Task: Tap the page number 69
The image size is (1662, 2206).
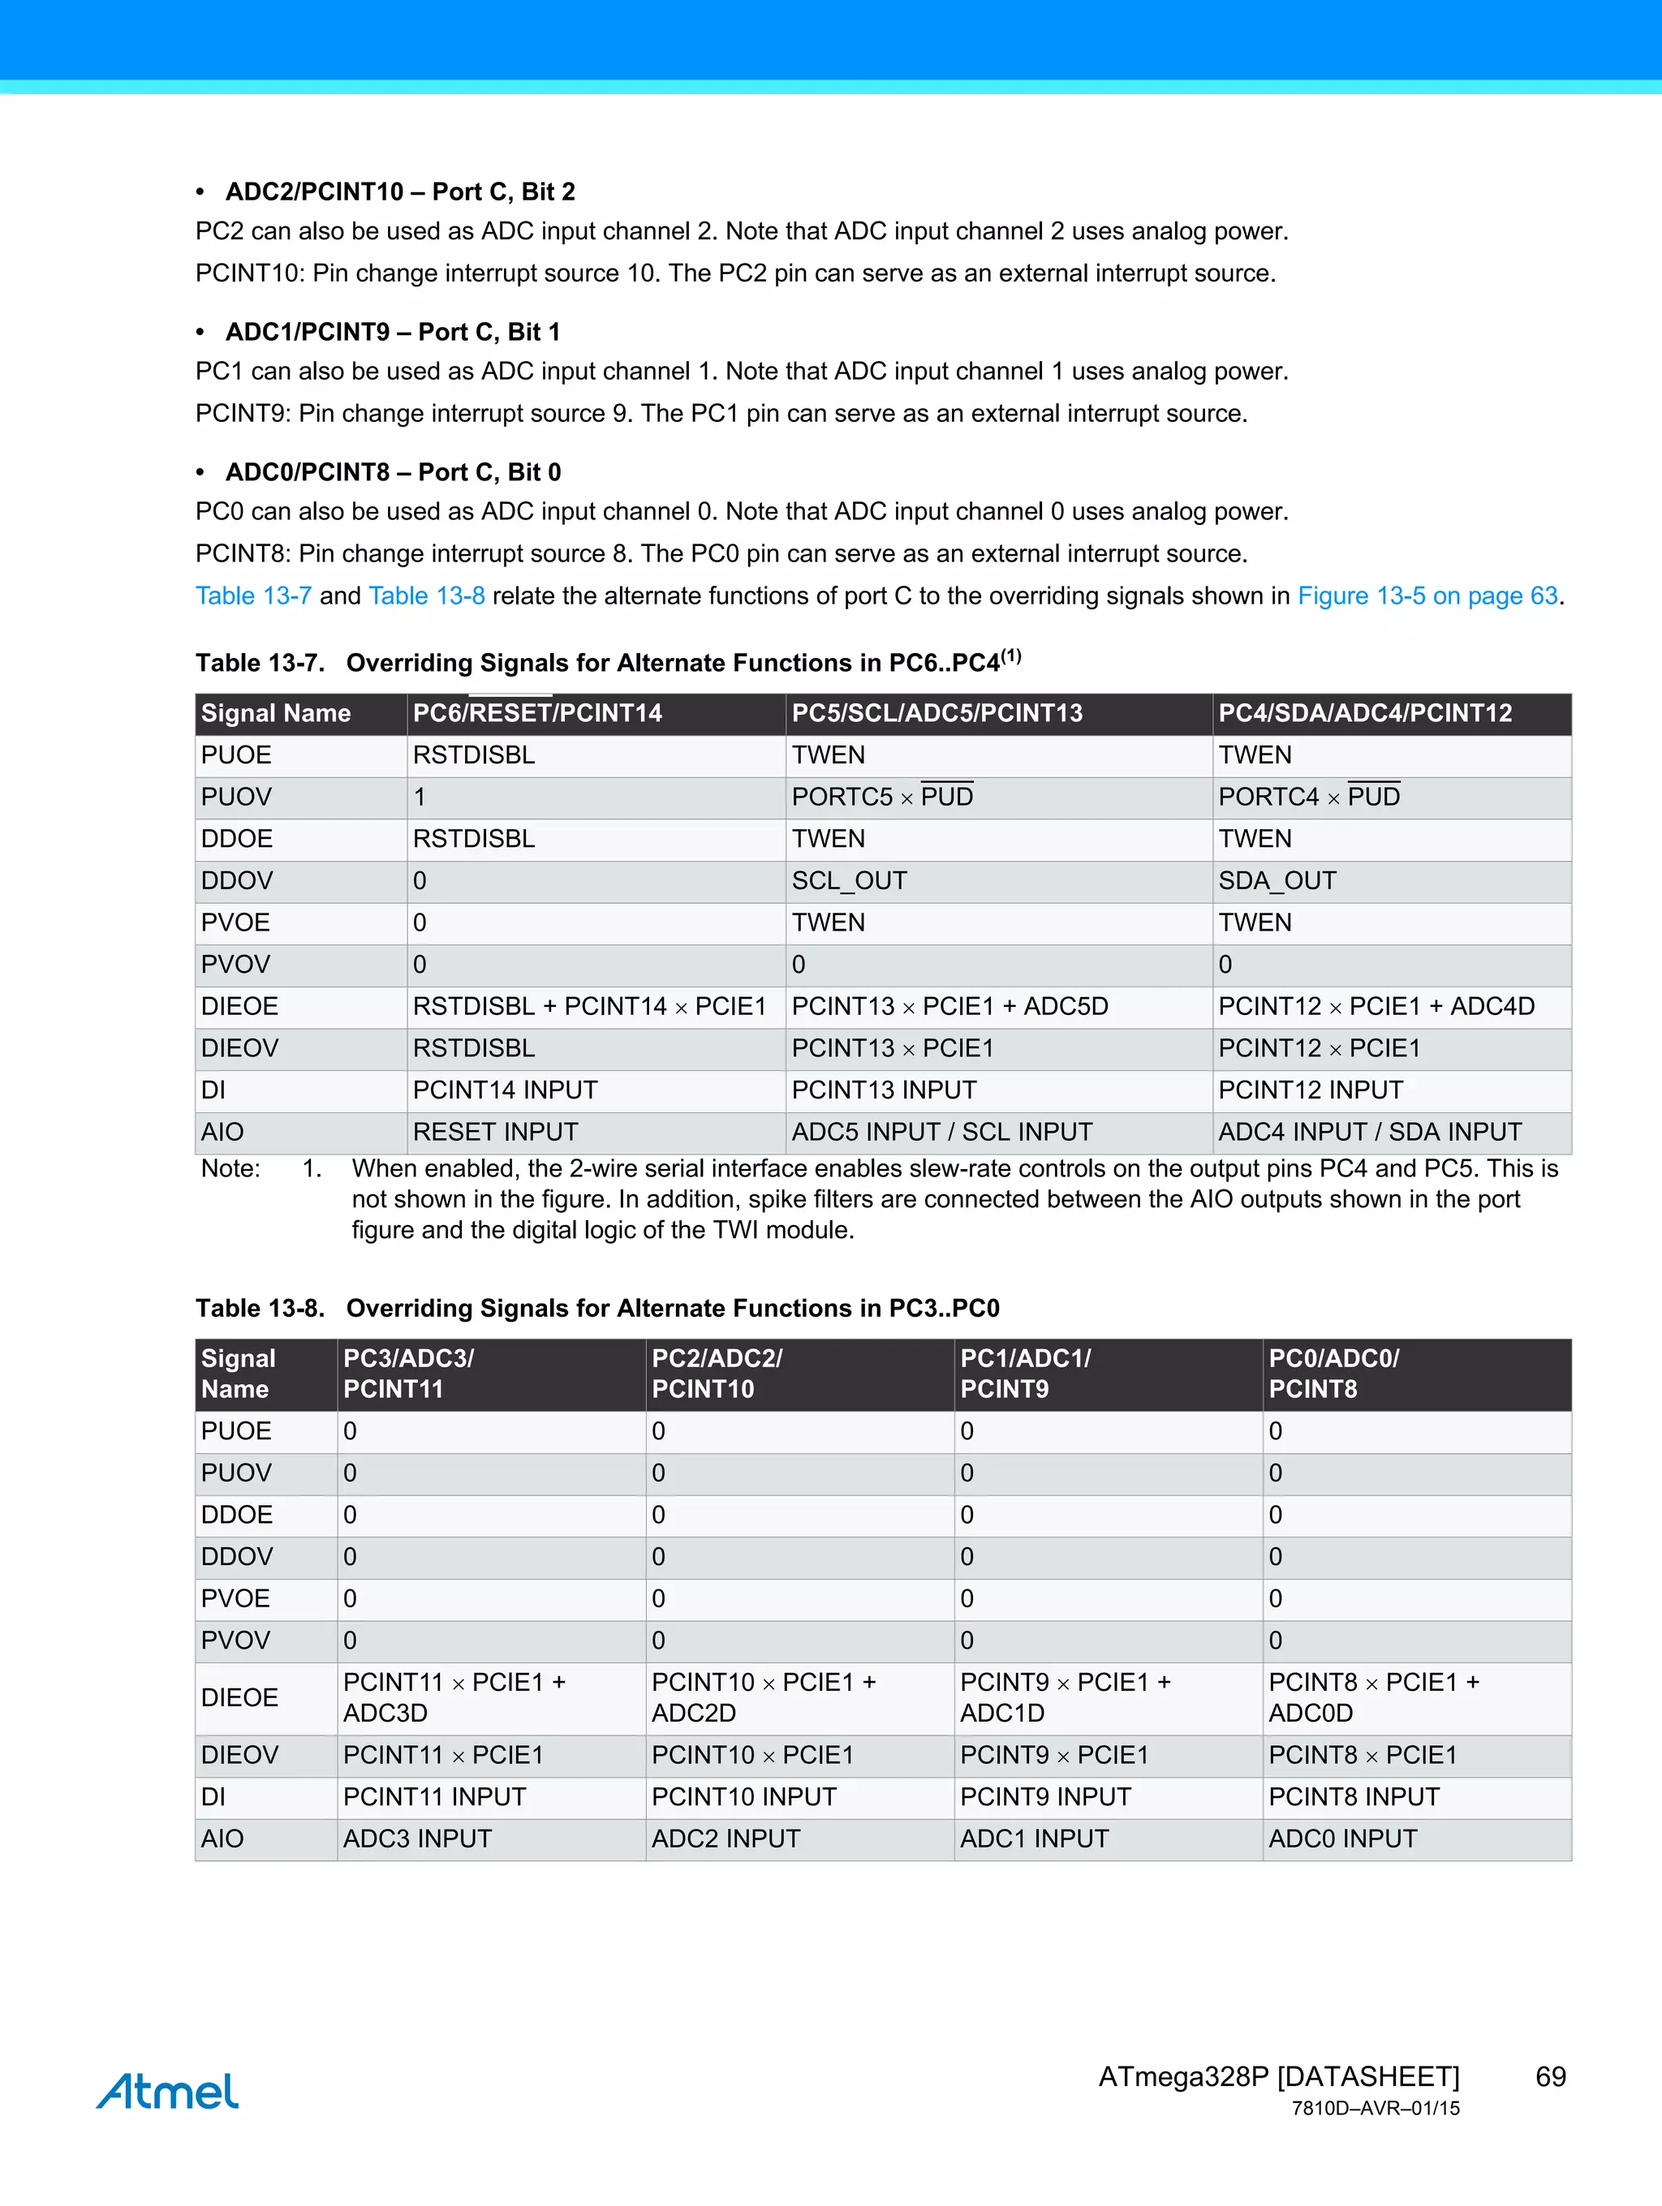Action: coord(1550,2076)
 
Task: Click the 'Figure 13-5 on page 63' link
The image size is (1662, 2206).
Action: coord(1427,596)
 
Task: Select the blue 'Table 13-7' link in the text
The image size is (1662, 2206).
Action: coord(253,596)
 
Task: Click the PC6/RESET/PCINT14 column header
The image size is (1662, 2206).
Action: coord(538,713)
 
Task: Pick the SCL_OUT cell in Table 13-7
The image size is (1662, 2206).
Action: coord(849,880)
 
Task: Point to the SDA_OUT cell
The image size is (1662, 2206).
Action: coord(1277,880)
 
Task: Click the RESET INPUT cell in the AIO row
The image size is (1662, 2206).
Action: coord(496,1132)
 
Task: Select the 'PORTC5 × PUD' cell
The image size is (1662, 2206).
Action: coord(882,797)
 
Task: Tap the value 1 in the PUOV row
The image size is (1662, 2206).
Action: coord(420,797)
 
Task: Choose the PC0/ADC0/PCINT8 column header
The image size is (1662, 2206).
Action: coord(1334,1374)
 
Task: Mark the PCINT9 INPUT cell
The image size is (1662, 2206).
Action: coord(1045,1796)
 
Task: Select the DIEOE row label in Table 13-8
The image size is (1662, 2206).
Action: coord(239,1697)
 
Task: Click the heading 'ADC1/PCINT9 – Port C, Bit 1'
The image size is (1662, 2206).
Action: coord(393,331)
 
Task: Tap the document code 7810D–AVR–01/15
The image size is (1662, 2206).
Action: coord(1375,2109)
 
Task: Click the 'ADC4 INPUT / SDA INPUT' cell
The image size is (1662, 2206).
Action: coord(1370,1132)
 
